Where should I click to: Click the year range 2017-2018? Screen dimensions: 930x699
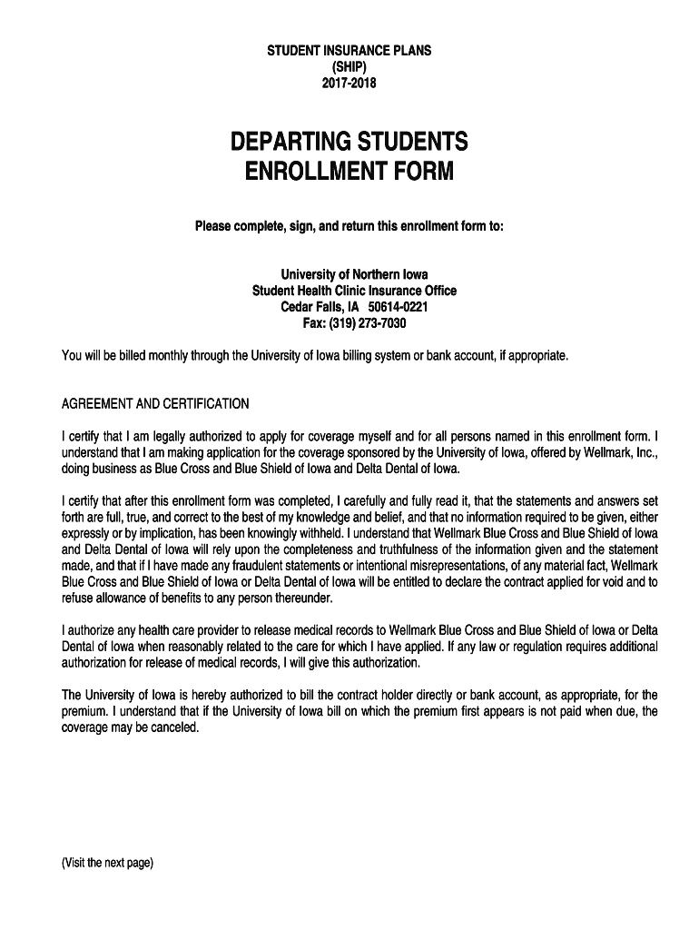[349, 84]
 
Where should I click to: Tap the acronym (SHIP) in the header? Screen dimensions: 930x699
[349, 67]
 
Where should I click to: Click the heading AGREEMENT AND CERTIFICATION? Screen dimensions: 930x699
[154, 403]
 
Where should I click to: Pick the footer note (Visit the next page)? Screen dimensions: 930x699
[107, 863]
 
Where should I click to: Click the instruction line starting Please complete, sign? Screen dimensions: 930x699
[349, 225]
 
